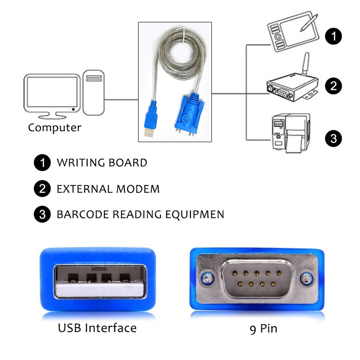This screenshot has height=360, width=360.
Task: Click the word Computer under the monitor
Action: [54, 128]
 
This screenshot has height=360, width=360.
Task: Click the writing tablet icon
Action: [292, 32]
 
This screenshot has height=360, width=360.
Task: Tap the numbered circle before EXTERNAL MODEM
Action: [42, 189]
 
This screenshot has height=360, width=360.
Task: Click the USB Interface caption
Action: [97, 328]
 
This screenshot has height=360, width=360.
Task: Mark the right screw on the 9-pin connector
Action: [306, 278]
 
